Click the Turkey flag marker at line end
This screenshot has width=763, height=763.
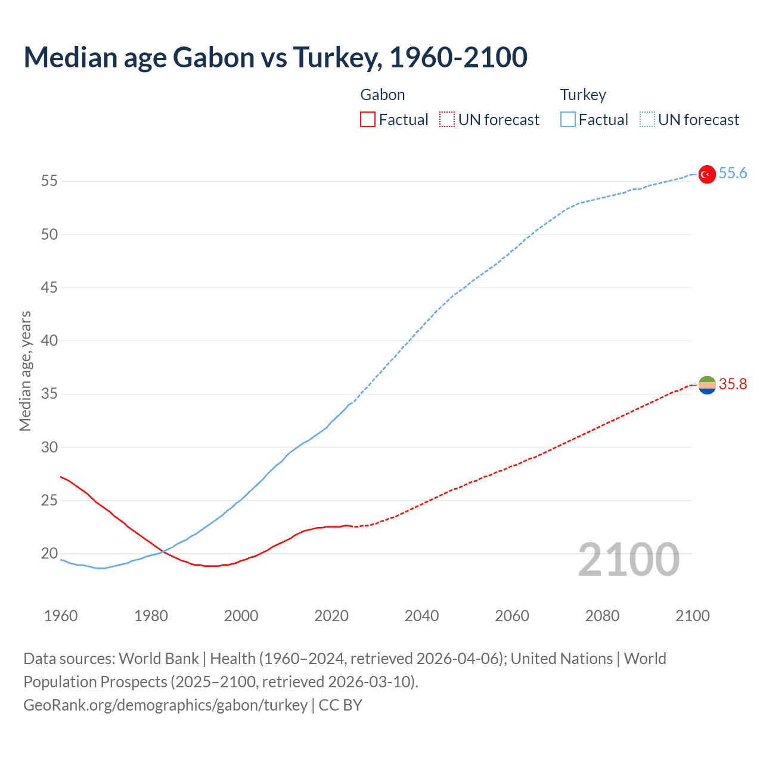[706, 174]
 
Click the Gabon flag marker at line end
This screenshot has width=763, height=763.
[706, 385]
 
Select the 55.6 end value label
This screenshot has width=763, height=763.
[733, 173]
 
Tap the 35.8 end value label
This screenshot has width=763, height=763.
[733, 384]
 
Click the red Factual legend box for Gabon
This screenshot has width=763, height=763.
[368, 120]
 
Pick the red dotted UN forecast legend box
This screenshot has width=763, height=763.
[447, 120]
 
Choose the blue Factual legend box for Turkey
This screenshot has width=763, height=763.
[567, 120]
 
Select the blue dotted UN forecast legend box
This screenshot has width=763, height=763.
[647, 120]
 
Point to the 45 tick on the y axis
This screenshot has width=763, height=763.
[49, 287]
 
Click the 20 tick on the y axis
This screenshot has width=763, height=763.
[49, 553]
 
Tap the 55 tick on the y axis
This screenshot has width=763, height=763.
[49, 181]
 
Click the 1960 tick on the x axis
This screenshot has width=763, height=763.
[61, 616]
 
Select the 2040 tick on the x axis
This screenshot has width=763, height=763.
[421, 616]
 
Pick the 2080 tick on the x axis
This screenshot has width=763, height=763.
[602, 616]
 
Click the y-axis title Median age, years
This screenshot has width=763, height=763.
[25, 371]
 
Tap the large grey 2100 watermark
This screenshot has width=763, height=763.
[628, 559]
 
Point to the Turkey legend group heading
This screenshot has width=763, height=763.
[583, 95]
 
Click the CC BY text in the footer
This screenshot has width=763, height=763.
[340, 705]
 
